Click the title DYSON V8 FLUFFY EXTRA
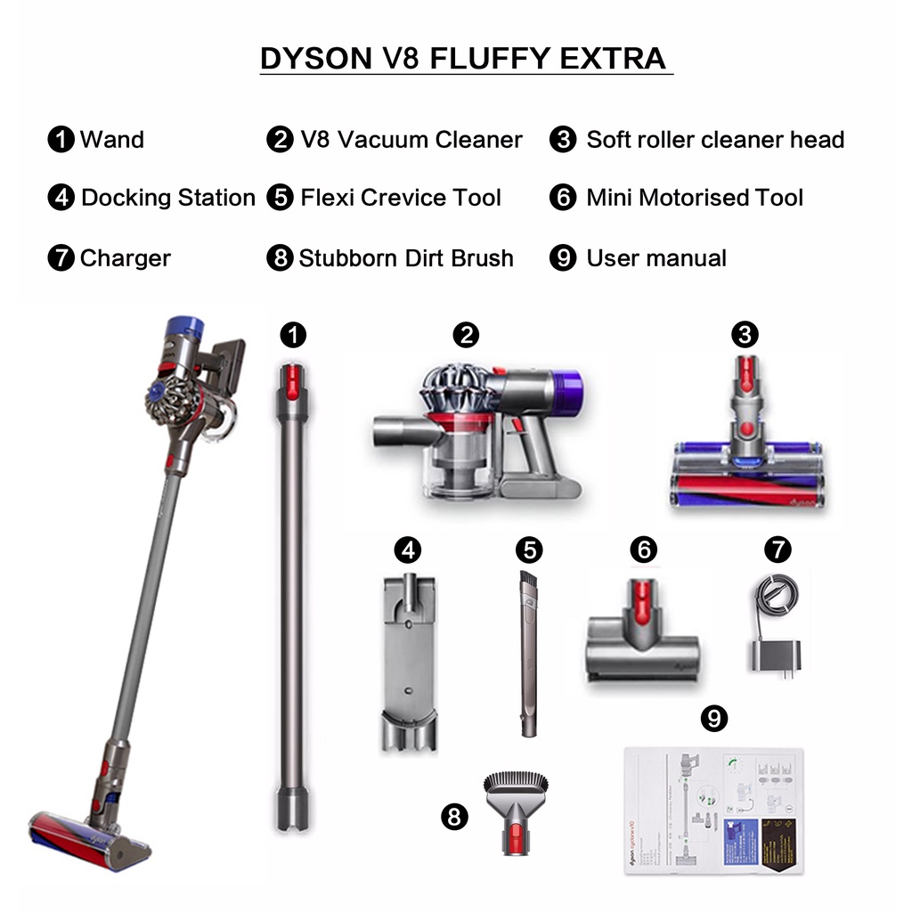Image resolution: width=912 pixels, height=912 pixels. tap(462, 59)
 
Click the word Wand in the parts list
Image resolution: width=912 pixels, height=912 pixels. tap(111, 140)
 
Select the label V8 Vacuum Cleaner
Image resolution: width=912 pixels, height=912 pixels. tap(411, 140)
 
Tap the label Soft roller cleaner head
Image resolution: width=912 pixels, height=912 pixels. tap(714, 140)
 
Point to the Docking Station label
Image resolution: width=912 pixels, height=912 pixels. tap(167, 198)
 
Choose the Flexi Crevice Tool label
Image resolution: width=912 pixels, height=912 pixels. tap(401, 198)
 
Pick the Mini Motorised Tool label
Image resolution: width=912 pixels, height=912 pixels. tap(694, 198)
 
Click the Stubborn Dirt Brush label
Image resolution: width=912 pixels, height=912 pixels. tap(406, 258)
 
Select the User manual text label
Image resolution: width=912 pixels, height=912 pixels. tap(655, 258)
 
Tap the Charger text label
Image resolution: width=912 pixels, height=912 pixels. tap(125, 258)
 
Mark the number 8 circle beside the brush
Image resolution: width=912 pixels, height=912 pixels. tap(455, 816)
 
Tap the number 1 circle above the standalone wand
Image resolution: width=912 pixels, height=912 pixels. tap(292, 335)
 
